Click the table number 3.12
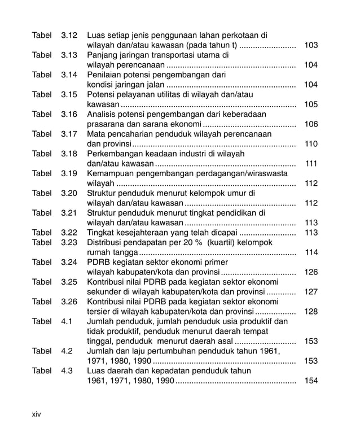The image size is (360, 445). tap(68, 36)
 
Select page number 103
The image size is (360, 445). tap(310, 45)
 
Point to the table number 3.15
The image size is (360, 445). tap(68, 94)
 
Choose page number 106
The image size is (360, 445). tap(310, 124)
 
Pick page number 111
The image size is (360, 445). tap(310, 164)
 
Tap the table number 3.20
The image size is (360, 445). tap(68, 193)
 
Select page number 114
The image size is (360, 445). tap(310, 252)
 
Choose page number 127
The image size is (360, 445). tap(310, 292)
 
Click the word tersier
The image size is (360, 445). tap(98, 312)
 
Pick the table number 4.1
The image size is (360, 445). tap(66, 321)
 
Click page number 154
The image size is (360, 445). tap(310, 381)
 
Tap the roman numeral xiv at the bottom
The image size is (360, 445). tap(37, 414)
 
